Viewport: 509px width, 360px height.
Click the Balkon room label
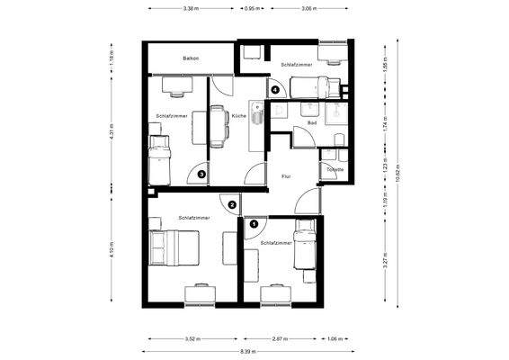pyautogui.click(x=190, y=58)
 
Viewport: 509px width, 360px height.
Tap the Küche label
pyautogui.click(x=237, y=117)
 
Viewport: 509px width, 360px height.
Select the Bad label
pyautogui.click(x=312, y=121)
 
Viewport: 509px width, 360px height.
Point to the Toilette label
pyautogui.click(x=335, y=168)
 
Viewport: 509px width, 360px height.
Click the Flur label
pyautogui.click(x=284, y=177)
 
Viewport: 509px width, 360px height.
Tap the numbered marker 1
pyautogui.click(x=254, y=222)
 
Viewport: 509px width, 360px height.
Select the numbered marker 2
pyautogui.click(x=232, y=205)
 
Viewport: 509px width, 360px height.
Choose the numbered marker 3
pyautogui.click(x=202, y=175)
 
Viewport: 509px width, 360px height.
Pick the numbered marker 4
pyautogui.click(x=274, y=88)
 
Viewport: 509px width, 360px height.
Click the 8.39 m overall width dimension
pyautogui.click(x=246, y=351)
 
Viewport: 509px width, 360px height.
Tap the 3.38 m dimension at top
pyautogui.click(x=190, y=8)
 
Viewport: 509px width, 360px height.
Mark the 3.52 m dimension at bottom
pyautogui.click(x=192, y=339)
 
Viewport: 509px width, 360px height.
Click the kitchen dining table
pyautogui.click(x=219, y=125)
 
